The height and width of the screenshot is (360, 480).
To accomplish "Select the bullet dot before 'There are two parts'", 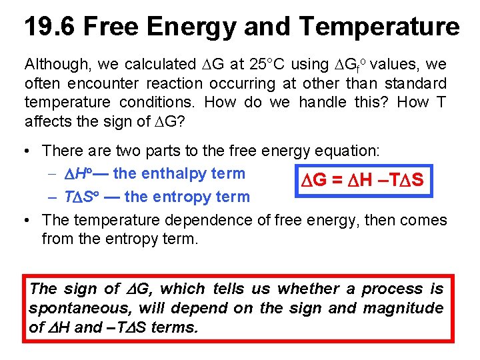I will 27,151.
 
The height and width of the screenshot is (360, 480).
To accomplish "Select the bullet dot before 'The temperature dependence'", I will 27,220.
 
